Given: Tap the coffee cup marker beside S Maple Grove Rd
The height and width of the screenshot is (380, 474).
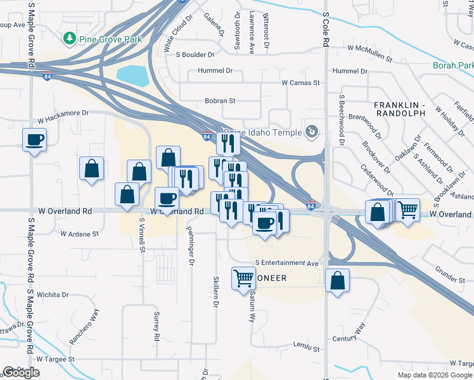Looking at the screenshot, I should point(34,140).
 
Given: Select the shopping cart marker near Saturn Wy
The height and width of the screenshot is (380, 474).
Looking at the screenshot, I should point(243,278).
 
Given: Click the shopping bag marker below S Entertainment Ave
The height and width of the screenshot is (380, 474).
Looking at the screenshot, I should point(338,281).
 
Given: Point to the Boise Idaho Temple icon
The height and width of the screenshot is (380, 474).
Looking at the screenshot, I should point(312,131).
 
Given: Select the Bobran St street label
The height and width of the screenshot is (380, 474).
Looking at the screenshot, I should point(220,100).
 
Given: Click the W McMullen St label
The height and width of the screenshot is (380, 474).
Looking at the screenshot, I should point(369,48).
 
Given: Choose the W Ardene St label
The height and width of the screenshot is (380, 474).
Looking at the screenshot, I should point(80,234).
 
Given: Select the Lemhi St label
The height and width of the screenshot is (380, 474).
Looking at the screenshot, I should point(305,348).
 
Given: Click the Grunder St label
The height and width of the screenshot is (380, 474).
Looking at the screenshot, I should point(450,277).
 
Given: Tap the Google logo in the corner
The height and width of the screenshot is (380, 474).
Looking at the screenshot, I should point(22,372).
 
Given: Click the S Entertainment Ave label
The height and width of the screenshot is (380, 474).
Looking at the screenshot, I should point(287,262).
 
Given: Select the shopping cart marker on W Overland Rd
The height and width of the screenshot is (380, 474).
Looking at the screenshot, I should point(408,209).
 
